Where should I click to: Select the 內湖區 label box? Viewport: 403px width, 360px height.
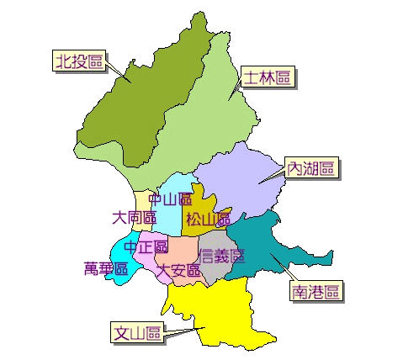click(x=311, y=168)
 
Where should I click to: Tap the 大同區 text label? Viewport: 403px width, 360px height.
click(x=134, y=218)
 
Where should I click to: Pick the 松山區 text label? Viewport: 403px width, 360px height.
click(x=208, y=220)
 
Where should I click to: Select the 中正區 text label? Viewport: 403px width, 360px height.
click(x=146, y=247)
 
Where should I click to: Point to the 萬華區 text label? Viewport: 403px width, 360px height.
click(x=106, y=269)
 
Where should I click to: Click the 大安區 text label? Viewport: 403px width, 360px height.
click(x=178, y=270)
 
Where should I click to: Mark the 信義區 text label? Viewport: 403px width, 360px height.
click(x=221, y=255)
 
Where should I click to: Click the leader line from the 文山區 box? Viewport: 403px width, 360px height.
click(x=181, y=332)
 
